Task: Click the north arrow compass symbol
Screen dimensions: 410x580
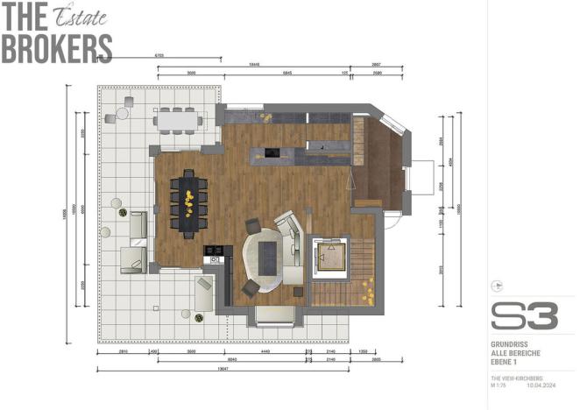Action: (x=499, y=285)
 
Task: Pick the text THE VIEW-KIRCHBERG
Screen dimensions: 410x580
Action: (x=516, y=377)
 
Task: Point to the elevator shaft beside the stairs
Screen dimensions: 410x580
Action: (x=331, y=255)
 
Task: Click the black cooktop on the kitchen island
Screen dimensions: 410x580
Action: (x=271, y=154)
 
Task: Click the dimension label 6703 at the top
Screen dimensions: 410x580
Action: (x=159, y=55)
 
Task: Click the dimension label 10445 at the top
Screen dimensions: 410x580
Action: (x=254, y=65)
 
